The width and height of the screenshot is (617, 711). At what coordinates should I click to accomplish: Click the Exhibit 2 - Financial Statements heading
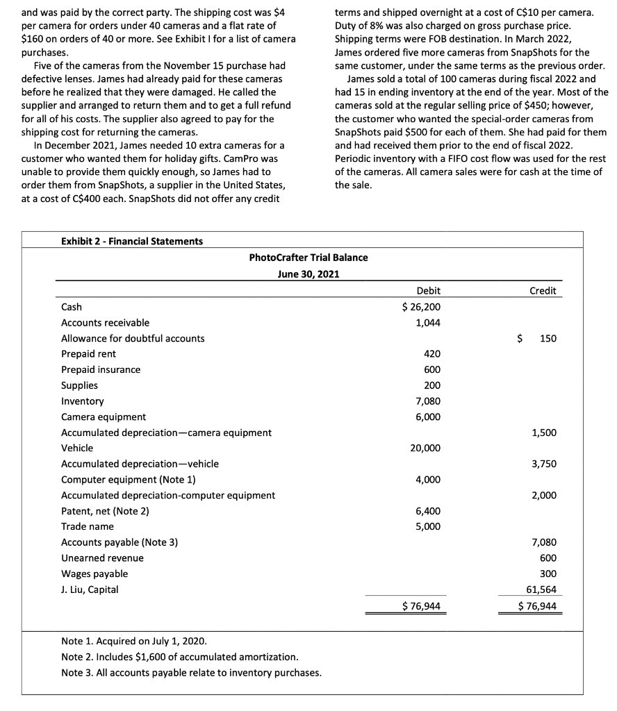pos(132,241)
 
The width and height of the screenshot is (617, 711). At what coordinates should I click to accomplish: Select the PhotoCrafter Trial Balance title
pos(308,258)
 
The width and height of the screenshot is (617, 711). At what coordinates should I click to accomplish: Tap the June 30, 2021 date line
pos(308,274)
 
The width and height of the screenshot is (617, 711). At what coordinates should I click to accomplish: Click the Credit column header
pos(543,291)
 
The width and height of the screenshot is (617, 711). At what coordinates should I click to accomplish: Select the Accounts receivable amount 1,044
pos(427,323)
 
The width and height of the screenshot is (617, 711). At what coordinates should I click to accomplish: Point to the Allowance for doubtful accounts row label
pos(133,338)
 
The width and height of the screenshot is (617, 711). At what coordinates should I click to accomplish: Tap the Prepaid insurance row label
pos(101,369)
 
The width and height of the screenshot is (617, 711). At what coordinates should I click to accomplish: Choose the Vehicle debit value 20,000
pos(425,448)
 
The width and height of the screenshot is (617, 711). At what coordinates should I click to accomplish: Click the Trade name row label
pos(88,526)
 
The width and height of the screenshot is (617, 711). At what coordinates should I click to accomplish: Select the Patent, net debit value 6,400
pos(427,511)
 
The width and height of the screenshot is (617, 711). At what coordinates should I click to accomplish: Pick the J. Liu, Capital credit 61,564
pos(542,589)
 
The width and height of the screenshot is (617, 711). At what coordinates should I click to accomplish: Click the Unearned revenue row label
pos(102,558)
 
